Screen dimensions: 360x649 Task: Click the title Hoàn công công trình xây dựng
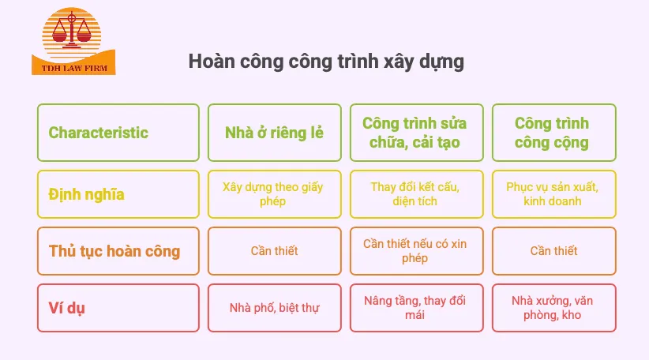pyautogui.click(x=326, y=62)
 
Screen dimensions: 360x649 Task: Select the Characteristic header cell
pyautogui.click(x=118, y=133)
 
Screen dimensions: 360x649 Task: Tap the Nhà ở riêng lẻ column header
pyautogui.click(x=275, y=133)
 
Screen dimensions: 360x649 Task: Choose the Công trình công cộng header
pyautogui.click(x=552, y=133)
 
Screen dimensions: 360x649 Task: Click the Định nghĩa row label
pyautogui.click(x=118, y=194)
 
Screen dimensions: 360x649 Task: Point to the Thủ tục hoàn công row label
pyautogui.click(x=118, y=251)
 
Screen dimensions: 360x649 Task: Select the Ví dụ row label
pyautogui.click(x=118, y=308)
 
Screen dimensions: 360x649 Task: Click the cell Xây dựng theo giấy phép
pyautogui.click(x=275, y=194)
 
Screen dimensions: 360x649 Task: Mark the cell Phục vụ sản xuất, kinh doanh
pyautogui.click(x=552, y=194)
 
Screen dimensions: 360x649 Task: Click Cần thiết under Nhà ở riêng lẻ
pyautogui.click(x=275, y=251)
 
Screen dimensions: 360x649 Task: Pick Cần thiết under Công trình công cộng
pyautogui.click(x=552, y=251)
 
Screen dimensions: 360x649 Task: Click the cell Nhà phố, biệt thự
pyautogui.click(x=275, y=308)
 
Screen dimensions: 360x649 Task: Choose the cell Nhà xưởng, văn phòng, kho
pyautogui.click(x=552, y=308)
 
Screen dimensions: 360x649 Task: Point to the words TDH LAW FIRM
pyautogui.click(x=74, y=69)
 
